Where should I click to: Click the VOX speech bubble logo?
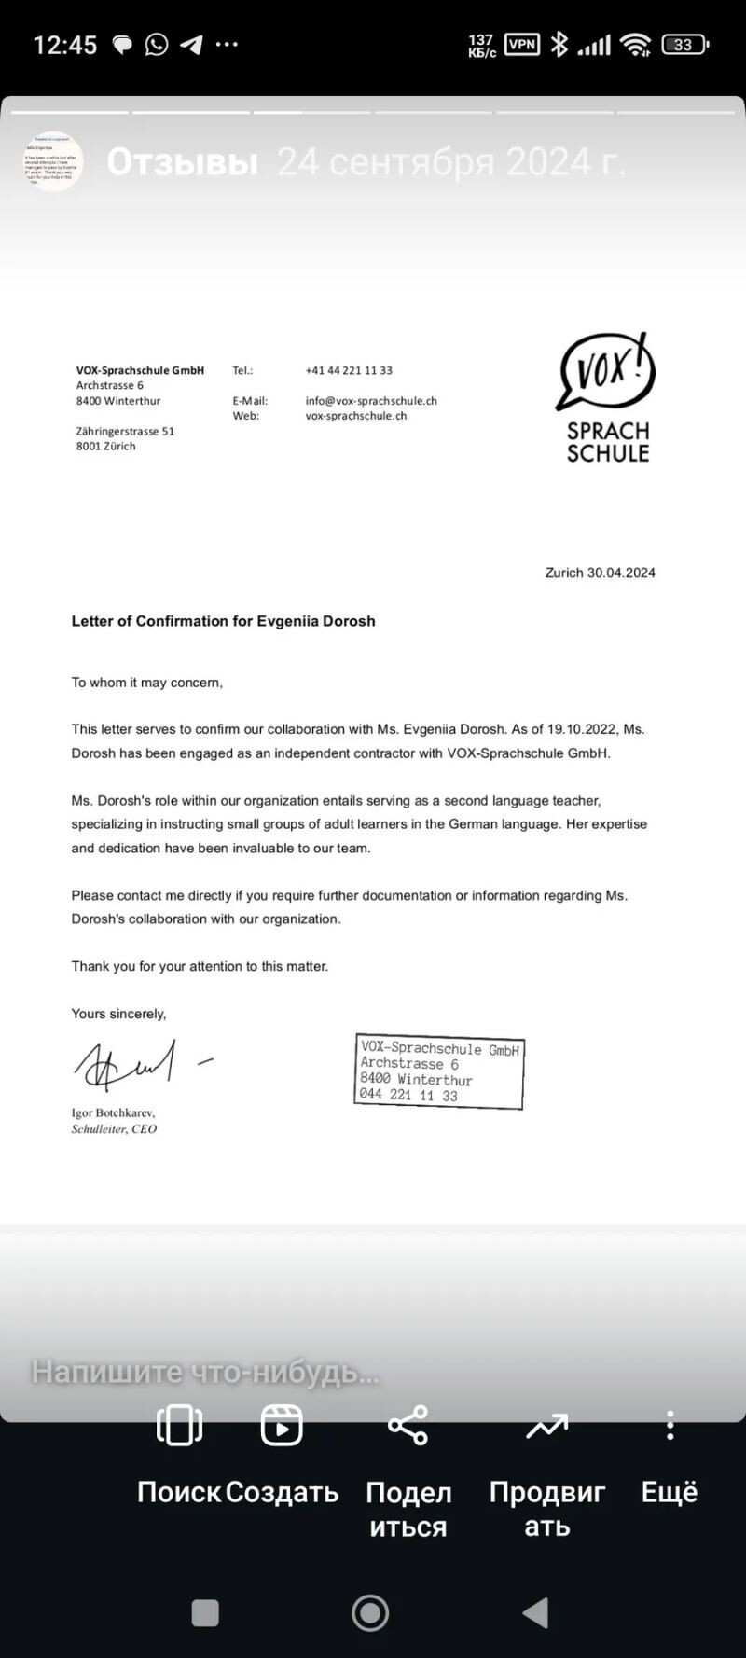click(606, 372)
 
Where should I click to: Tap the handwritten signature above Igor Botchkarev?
click(126, 1066)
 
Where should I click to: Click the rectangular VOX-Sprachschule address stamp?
click(439, 1071)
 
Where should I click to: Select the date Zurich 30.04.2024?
click(600, 573)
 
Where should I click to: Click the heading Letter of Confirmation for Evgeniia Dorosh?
click(223, 621)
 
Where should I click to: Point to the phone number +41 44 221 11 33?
click(349, 370)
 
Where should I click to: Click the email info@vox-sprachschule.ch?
click(371, 401)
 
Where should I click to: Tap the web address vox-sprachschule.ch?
click(356, 416)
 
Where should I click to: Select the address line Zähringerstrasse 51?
click(125, 432)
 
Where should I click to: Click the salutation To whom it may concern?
click(147, 683)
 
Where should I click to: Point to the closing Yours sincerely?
click(118, 1014)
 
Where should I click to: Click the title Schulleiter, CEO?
click(114, 1129)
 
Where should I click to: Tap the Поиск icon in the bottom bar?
click(179, 1425)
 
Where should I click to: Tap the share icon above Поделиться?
click(408, 1425)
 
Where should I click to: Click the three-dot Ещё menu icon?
click(670, 1425)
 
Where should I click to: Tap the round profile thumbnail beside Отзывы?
click(53, 161)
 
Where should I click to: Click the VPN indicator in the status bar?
click(522, 44)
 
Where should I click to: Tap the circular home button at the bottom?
click(370, 1612)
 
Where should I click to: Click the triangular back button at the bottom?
click(535, 1612)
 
